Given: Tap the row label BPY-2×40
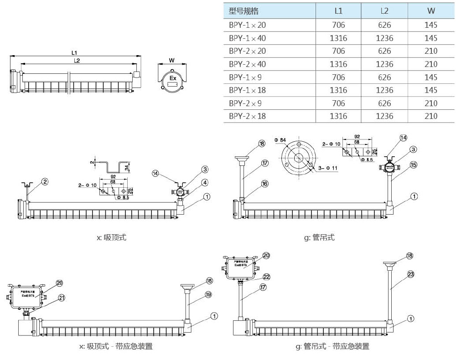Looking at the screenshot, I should (x=247, y=64).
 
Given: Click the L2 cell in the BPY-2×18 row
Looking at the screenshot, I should (x=384, y=116).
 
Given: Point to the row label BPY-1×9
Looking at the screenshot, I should (x=245, y=77).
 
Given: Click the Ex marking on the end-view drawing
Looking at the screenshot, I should (x=173, y=78).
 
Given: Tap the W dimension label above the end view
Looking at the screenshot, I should (x=171, y=60).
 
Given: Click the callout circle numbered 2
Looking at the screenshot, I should (x=45, y=182).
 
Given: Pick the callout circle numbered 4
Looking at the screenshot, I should (x=205, y=182).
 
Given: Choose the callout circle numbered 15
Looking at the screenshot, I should (x=413, y=165).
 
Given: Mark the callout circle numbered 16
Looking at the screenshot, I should (x=264, y=184).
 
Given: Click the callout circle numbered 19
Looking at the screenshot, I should (x=209, y=295).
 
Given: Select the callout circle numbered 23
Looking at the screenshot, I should (x=410, y=274).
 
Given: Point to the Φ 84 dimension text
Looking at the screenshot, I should (x=280, y=139).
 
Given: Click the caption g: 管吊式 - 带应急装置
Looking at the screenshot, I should (x=332, y=346).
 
